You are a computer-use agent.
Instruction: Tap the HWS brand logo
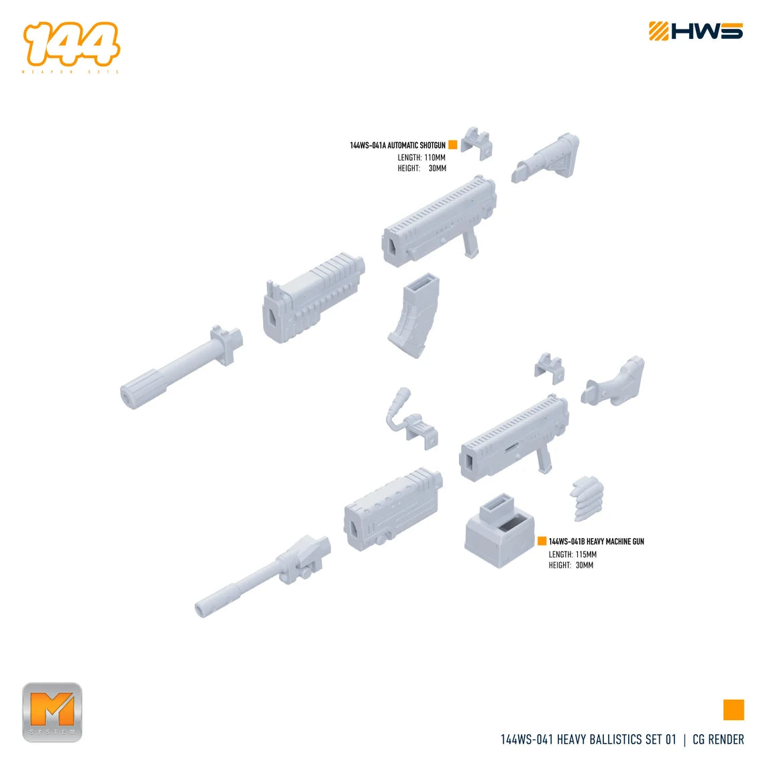695,32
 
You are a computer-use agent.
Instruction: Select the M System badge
52,712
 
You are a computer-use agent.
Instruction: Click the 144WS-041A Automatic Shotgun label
397,145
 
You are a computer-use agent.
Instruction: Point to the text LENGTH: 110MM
421,158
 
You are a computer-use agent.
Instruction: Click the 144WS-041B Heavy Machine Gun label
596,541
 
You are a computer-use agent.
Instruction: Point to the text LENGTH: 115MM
572,554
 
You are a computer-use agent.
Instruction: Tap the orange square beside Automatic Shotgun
452,144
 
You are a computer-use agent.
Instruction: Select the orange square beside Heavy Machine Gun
542,541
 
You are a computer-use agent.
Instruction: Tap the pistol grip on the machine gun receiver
544,460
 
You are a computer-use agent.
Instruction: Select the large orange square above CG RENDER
733,709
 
